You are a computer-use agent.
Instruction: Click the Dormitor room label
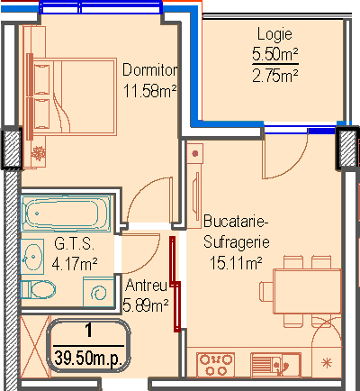(149, 70)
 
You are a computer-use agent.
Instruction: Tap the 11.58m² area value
(149, 90)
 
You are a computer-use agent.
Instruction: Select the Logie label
(274, 34)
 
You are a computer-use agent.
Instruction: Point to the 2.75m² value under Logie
(275, 76)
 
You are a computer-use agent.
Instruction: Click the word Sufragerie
(237, 242)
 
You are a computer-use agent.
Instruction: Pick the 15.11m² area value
(236, 263)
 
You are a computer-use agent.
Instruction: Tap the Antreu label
(146, 285)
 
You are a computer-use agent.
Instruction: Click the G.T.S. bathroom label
(74, 243)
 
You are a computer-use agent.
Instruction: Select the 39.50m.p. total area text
(88, 359)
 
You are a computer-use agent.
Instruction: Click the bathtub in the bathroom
(66, 214)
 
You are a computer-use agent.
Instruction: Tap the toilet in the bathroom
(38, 289)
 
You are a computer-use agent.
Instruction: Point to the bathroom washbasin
(32, 257)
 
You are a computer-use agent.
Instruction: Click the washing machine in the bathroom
(98, 292)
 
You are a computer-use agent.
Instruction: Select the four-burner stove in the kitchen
(216, 364)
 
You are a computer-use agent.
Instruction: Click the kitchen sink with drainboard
(275, 365)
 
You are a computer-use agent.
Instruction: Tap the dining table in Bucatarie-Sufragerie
(307, 291)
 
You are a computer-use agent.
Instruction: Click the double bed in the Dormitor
(74, 96)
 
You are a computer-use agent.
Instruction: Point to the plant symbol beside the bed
(39, 153)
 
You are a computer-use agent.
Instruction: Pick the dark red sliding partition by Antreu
(175, 284)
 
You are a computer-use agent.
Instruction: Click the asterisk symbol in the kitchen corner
(327, 363)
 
